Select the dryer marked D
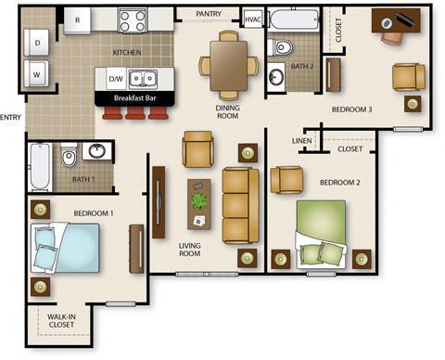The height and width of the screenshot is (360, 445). [x=38, y=43]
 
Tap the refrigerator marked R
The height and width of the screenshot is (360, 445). [x=77, y=19]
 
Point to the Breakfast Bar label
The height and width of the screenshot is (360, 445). [x=134, y=97]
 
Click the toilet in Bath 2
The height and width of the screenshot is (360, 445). [x=282, y=47]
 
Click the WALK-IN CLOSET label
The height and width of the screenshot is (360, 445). [x=62, y=322]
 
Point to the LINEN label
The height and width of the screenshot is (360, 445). [x=301, y=141]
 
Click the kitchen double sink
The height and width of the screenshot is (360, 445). [x=144, y=78]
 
